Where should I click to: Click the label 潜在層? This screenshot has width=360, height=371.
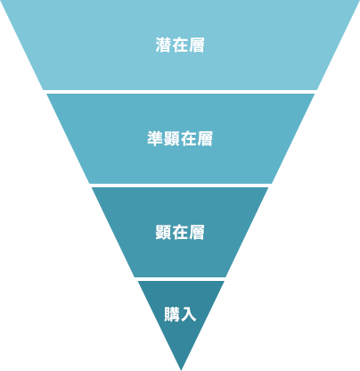pos(180,45)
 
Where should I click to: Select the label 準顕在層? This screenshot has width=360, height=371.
pos(180,138)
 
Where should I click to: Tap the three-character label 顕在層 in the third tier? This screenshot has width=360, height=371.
pos(180,232)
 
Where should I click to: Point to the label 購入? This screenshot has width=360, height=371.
pos(180,314)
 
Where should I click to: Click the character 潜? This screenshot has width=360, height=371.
pos(163,45)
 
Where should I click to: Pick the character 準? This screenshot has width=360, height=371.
pos(155,138)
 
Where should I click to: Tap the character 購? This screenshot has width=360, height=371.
pos(172,314)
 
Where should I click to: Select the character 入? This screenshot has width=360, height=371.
pos(188,314)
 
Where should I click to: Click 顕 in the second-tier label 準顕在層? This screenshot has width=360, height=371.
pos(172,138)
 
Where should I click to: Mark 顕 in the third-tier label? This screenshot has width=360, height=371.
pos(163,232)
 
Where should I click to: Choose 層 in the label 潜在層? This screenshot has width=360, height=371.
pos(197,45)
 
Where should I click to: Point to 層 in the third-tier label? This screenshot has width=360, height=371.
pos(197,232)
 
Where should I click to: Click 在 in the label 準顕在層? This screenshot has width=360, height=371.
pos(188,138)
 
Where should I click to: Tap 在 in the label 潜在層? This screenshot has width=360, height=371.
pos(180,45)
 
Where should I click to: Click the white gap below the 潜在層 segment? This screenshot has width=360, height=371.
pos(180,92)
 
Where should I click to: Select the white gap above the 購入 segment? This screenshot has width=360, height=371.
pos(180,279)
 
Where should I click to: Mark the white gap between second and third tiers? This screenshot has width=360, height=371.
pos(180,185)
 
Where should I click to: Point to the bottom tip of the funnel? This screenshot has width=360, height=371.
pos(181,370)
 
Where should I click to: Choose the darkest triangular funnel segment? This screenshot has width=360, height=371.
pos(181,315)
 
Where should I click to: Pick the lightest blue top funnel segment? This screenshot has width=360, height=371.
pos(180,45)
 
